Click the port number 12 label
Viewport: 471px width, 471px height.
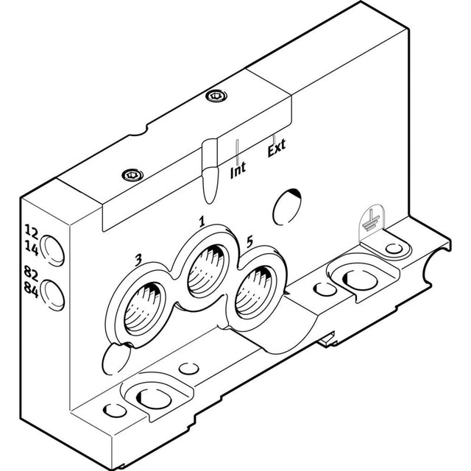[31, 231]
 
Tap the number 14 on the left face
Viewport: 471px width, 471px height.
[32, 248]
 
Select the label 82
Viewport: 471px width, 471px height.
[31, 273]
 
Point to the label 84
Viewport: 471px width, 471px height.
[31, 290]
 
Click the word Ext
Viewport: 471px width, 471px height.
[277, 148]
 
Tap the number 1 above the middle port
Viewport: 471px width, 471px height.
[202, 222]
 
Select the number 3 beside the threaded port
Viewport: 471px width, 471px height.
[138, 260]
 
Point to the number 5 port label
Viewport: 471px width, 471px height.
[249, 242]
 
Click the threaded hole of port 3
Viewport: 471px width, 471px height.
[142, 308]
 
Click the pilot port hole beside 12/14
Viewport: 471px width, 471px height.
[52, 251]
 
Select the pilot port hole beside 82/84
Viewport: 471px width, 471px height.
[52, 295]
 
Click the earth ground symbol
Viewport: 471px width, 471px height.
[371, 221]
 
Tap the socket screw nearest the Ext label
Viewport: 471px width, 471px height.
[216, 96]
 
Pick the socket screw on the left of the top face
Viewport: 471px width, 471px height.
[132, 175]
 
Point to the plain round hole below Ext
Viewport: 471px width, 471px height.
[287, 207]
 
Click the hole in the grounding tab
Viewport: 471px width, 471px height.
[394, 249]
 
